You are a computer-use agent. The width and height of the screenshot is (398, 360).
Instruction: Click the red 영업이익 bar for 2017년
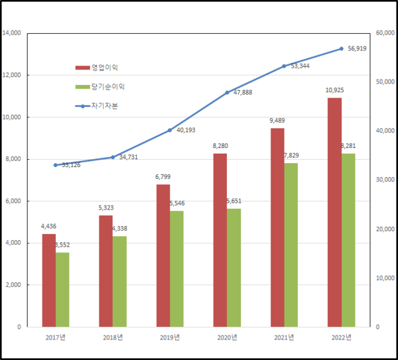point(49,280)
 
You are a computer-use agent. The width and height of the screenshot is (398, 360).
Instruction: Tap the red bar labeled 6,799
point(163,256)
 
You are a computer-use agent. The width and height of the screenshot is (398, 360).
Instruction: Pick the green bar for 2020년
point(233,268)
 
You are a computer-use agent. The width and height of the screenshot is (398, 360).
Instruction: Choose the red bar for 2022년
point(334,212)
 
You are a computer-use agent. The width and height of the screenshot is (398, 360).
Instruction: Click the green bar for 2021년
point(291,245)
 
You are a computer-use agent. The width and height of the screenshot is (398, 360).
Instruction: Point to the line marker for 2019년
point(170,130)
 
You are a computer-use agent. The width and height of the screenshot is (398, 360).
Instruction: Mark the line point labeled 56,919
point(341,48)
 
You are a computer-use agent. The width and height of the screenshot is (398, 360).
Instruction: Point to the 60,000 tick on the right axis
point(385,33)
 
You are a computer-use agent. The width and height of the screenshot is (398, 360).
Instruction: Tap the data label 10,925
point(334,90)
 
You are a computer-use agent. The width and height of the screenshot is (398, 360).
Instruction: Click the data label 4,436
point(49,226)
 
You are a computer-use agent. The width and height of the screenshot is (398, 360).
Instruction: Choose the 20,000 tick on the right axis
point(385,229)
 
